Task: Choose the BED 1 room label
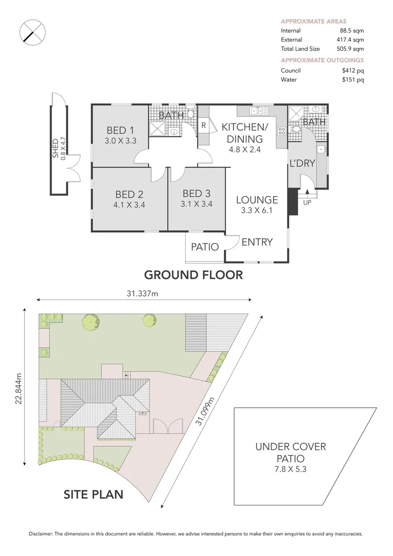[x=121, y=130]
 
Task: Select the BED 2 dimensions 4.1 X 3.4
[x=129, y=203]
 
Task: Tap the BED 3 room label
[x=196, y=194]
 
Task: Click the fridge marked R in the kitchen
[x=204, y=125]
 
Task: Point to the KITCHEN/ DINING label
[x=242, y=132]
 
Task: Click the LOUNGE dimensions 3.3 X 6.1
[x=257, y=210]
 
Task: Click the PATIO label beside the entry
[x=205, y=247]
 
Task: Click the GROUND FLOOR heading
[x=192, y=275]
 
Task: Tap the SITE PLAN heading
[x=94, y=495]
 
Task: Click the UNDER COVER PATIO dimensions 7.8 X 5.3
[x=291, y=469]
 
